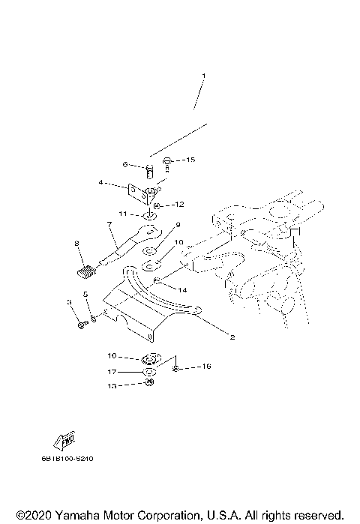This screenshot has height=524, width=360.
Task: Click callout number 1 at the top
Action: pyautogui.click(x=202, y=76)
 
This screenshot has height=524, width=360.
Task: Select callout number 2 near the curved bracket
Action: pyautogui.click(x=232, y=337)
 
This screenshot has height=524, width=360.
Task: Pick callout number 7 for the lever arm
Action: pyautogui.click(x=109, y=224)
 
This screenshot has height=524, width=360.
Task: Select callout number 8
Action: pyautogui.click(x=76, y=244)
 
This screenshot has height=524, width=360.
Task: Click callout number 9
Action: pyautogui.click(x=178, y=225)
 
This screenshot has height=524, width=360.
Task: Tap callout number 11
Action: pyautogui.click(x=124, y=214)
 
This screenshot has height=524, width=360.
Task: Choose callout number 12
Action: pyautogui.click(x=180, y=204)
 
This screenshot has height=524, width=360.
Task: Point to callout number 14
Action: pyautogui.click(x=183, y=288)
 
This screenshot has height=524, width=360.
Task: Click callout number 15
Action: pyautogui.click(x=190, y=160)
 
